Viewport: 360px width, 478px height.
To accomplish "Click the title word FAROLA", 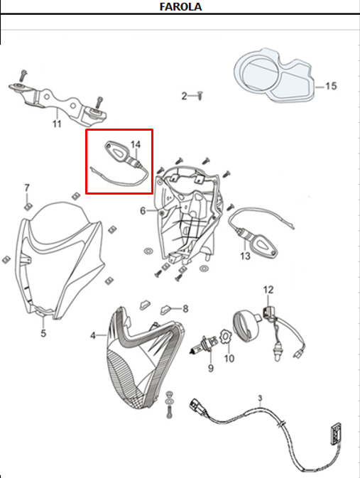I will [x=181, y=7].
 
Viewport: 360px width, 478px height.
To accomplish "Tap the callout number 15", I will [x=331, y=86].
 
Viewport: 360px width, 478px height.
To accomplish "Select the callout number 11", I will [x=57, y=124].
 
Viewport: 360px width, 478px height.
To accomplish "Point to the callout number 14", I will [x=136, y=144].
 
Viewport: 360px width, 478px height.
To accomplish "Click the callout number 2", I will [x=184, y=96].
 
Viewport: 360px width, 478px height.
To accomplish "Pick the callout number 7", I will [x=27, y=188].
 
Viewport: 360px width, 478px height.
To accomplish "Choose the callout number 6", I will [x=143, y=210].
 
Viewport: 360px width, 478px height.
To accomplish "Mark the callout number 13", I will [x=246, y=256].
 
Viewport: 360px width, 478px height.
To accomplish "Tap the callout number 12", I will [x=268, y=289].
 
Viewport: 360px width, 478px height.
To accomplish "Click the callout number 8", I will [x=185, y=309].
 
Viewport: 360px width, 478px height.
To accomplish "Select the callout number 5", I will [x=43, y=332].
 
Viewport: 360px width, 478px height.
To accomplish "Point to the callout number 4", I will [x=93, y=335].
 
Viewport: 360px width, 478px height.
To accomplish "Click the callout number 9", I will [x=210, y=368].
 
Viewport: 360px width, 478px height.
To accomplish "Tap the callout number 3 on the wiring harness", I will [x=260, y=398].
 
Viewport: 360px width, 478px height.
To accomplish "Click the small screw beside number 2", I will [x=200, y=94].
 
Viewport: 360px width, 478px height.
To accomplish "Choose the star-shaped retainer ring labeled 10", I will [x=225, y=334].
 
